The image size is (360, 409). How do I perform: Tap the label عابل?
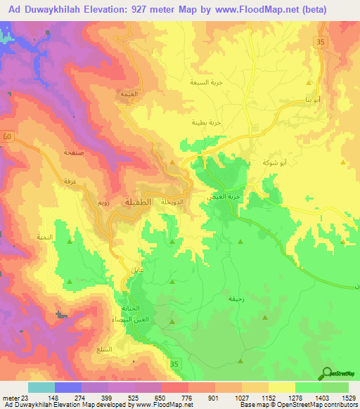(x=136, y=270)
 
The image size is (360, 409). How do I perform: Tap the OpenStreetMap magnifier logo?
(x=328, y=372)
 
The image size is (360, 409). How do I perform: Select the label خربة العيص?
(x=219, y=197)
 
